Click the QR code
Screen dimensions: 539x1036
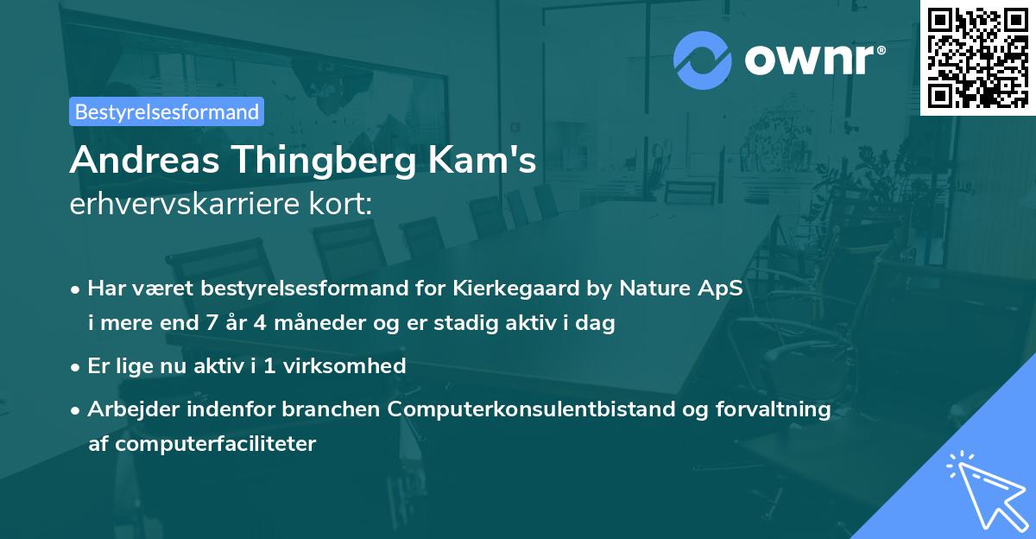coord(977,57)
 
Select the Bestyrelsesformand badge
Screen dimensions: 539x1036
coord(167,111)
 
